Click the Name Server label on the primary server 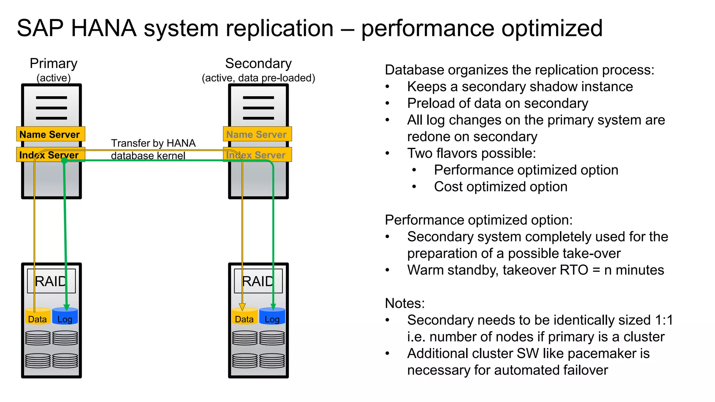coord(50,134)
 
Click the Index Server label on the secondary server coord(257,155)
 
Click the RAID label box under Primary coord(51,281)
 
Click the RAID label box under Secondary coord(258,281)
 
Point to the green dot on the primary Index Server coord(64,161)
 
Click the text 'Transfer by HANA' coord(153,143)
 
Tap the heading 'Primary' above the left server coord(53,64)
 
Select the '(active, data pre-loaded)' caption coord(258,78)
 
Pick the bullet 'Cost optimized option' coord(500,187)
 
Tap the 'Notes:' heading coord(405,303)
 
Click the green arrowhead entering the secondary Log coord(273,307)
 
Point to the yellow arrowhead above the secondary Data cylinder coord(242,307)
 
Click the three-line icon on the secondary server coord(258,108)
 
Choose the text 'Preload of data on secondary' coord(497,103)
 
